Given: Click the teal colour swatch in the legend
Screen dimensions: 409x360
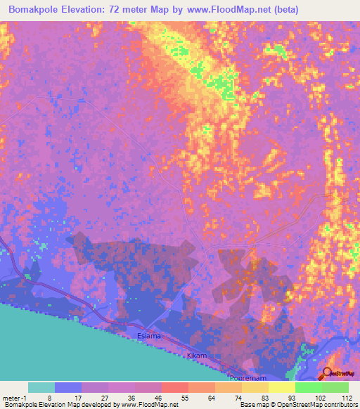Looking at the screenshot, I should [x=41, y=387].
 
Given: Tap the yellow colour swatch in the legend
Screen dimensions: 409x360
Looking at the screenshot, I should [x=281, y=387].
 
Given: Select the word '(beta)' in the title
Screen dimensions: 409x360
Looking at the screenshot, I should [x=284, y=10].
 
